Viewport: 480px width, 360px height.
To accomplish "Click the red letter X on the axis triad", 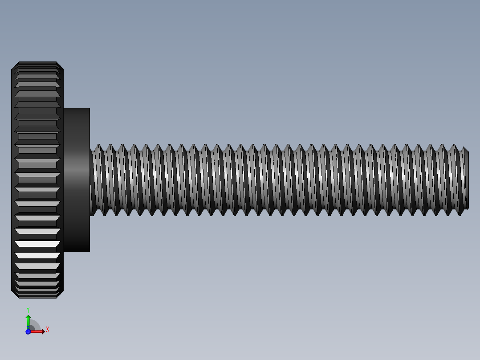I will tap(48, 330).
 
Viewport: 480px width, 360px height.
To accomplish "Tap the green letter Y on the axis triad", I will tap(28, 309).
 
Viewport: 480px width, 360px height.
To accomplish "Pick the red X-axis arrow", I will tap(38, 331).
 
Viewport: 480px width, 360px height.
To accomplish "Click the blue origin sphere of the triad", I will tap(28, 331).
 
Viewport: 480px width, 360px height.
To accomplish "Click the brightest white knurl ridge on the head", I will tap(37, 244).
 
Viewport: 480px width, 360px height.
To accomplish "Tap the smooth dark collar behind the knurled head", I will tap(77, 180).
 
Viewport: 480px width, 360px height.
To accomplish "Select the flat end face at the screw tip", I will tap(466, 180).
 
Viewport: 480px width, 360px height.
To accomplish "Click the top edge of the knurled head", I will tap(37, 62).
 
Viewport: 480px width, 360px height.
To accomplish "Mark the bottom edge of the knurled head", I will tap(37, 298).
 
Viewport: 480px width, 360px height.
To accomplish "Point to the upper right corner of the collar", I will tap(89, 109).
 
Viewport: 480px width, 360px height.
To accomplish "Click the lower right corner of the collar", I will tap(89, 251).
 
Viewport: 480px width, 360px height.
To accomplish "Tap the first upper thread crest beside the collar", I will tap(98, 145).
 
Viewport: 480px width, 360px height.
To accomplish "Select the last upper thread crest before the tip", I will tap(455, 145).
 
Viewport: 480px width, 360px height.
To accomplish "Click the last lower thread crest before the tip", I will tap(460, 215).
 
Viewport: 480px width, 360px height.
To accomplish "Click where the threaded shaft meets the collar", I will tap(90, 180).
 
